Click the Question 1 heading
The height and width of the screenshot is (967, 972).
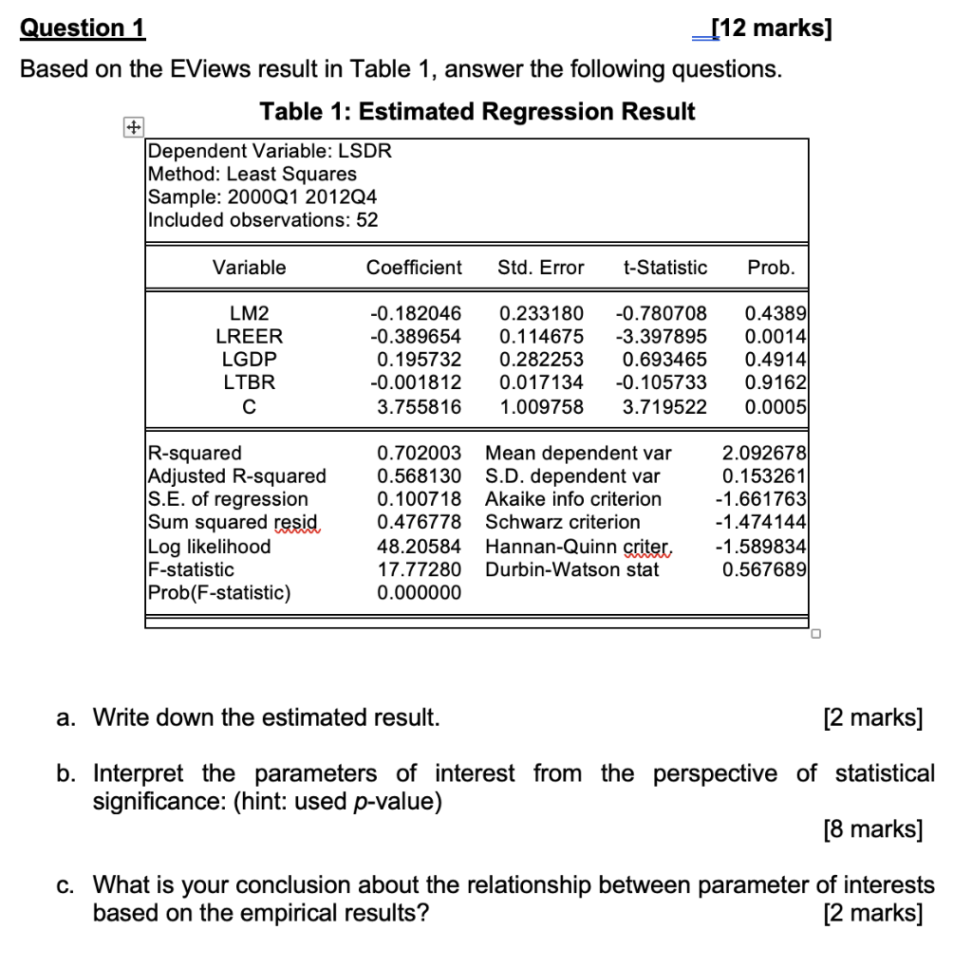click(x=83, y=28)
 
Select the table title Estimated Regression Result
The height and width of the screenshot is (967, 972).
click(x=477, y=112)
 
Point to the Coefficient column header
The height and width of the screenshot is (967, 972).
click(x=414, y=268)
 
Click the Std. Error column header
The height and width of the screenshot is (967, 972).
click(x=540, y=268)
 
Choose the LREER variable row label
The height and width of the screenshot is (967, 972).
click(x=249, y=336)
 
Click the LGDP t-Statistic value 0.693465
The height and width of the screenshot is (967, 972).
click(x=664, y=360)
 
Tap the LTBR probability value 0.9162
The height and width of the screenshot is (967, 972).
click(x=776, y=382)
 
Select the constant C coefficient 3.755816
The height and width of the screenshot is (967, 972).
click(x=419, y=406)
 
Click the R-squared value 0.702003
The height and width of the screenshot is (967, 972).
click(x=419, y=453)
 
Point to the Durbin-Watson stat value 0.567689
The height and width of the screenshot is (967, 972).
click(x=764, y=569)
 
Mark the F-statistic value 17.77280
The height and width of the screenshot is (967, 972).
click(x=419, y=569)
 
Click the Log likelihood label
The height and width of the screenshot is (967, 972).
click(x=210, y=547)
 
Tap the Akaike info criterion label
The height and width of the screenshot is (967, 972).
click(x=573, y=499)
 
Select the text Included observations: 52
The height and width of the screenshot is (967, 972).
click(x=264, y=220)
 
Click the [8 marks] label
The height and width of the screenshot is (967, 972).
click(x=872, y=829)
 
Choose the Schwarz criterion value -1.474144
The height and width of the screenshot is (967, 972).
click(x=760, y=522)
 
